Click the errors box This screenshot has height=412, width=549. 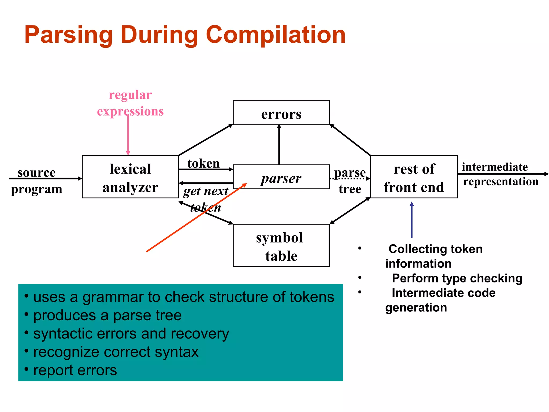[x=281, y=113]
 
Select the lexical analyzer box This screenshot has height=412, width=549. [x=130, y=177]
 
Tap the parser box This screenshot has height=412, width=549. [x=281, y=177]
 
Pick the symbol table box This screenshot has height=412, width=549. [x=281, y=245]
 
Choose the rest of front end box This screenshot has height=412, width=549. [x=414, y=177]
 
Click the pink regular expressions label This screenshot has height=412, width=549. [x=130, y=103]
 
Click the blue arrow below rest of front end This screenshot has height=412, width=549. [x=412, y=220]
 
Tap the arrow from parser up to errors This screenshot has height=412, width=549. [x=279, y=145]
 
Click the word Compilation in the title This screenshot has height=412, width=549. [x=276, y=35]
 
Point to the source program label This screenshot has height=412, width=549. [x=36, y=181]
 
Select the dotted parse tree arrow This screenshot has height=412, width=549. [x=350, y=179]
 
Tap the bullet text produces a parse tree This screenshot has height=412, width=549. [x=107, y=315]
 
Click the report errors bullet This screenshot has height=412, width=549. [x=75, y=370]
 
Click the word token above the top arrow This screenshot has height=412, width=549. [x=203, y=163]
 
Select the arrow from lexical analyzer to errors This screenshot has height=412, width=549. [x=206, y=140]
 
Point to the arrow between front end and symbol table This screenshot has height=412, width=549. [x=350, y=211]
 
